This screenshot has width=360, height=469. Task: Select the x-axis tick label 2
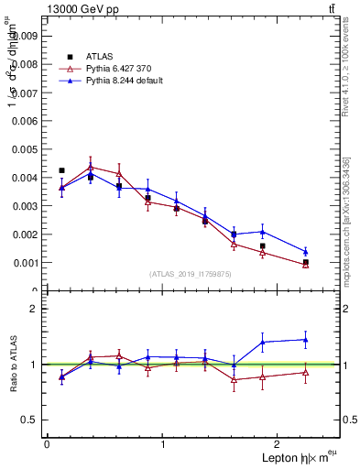pyautogui.click(x=279, y=444)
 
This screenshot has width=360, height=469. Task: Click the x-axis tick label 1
pyautogui.click(x=163, y=444)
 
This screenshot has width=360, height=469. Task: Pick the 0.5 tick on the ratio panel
pyautogui.click(x=30, y=420)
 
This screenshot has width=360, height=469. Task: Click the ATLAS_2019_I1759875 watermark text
pyautogui.click(x=191, y=273)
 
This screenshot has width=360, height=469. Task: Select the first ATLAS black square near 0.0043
pyautogui.click(x=61, y=170)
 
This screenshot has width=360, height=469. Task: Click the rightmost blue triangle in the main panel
pyautogui.click(x=305, y=251)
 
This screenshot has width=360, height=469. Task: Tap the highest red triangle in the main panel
pyautogui.click(x=91, y=166)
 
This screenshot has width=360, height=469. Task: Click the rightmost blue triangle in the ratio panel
pyautogui.click(x=305, y=340)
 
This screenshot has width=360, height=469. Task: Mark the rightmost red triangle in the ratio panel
pyautogui.click(x=305, y=372)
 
